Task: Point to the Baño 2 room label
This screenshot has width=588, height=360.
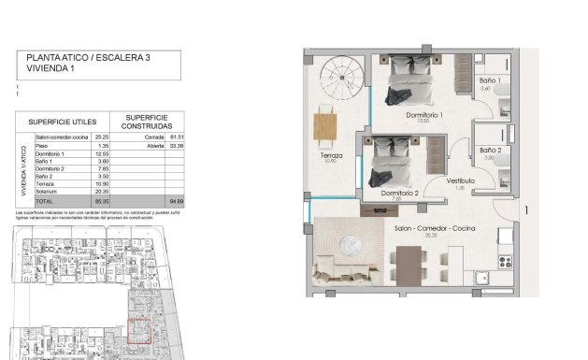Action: (491, 151)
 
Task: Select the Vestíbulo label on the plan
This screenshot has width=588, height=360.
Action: (460, 181)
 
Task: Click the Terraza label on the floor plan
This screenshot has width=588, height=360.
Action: (329, 155)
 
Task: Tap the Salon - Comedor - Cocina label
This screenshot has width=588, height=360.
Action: (430, 229)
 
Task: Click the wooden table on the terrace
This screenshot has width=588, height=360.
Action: (326, 123)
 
